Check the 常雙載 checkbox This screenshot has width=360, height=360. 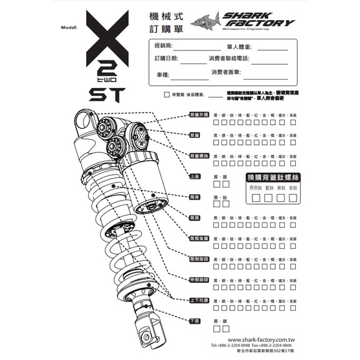[167, 95]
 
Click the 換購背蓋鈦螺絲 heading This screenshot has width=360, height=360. [272, 177]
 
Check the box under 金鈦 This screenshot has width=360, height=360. [293, 196]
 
